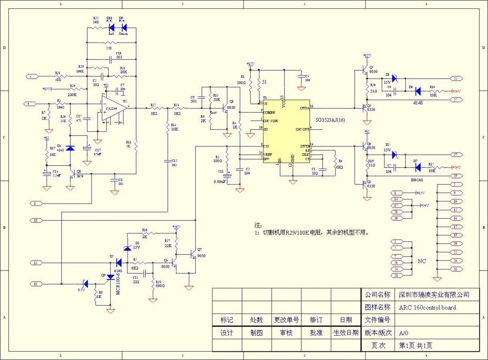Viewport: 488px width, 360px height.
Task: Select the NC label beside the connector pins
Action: tap(422, 261)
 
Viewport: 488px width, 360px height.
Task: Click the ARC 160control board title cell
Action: tap(427, 308)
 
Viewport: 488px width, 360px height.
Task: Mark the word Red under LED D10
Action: tap(110, 34)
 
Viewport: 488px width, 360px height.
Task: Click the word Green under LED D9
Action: tap(123, 34)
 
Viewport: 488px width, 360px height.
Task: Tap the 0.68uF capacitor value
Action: tap(220, 182)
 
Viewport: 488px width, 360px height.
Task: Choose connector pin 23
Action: tap(455, 78)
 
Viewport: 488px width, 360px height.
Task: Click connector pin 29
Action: tap(455, 176)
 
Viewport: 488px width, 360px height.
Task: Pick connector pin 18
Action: tap(36, 220)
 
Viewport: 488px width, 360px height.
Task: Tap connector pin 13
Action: tap(36, 263)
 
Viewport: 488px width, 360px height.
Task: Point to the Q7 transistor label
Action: tap(199, 249)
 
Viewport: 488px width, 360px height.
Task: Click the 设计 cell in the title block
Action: tap(227, 333)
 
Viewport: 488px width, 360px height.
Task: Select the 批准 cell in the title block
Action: tap(316, 333)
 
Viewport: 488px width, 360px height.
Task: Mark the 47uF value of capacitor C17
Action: tap(97, 154)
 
